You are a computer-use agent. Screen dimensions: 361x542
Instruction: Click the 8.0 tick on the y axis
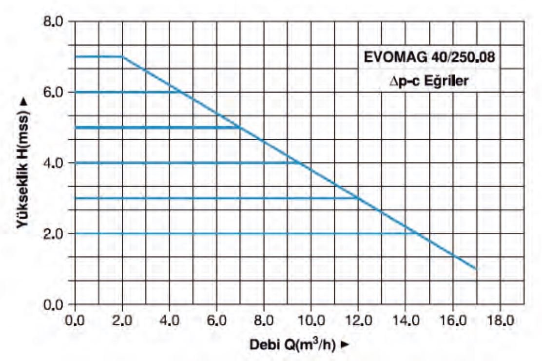tap(55, 22)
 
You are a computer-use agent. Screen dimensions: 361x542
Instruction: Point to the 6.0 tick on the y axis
tap(55, 93)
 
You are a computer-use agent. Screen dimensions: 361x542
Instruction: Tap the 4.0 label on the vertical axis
tap(55, 163)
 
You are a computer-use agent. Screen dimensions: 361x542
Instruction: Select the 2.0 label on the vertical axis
tap(55, 234)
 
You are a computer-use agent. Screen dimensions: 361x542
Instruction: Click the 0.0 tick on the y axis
tap(55, 305)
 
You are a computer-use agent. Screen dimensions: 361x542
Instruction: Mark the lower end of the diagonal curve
tap(476, 269)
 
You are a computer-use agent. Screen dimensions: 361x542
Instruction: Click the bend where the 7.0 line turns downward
tap(122, 57)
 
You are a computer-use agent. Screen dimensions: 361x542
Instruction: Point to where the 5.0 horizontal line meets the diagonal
tap(240, 128)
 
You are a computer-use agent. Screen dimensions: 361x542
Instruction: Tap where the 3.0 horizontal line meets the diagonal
tap(358, 198)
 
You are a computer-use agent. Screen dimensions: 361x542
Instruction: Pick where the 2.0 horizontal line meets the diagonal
tap(417, 233)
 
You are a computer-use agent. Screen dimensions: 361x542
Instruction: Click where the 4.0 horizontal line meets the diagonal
tap(299, 163)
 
